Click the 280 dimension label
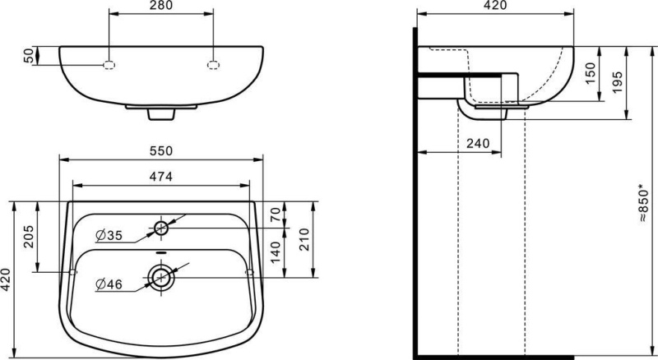click(161, 6)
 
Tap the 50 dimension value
click(29, 56)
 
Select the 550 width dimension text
click(161, 150)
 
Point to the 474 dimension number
click(161, 177)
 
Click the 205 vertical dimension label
click(28, 236)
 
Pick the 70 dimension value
click(275, 215)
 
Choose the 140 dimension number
click(275, 252)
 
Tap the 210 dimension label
click(304, 239)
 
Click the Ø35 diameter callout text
click(109, 236)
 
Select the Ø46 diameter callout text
click(109, 284)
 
